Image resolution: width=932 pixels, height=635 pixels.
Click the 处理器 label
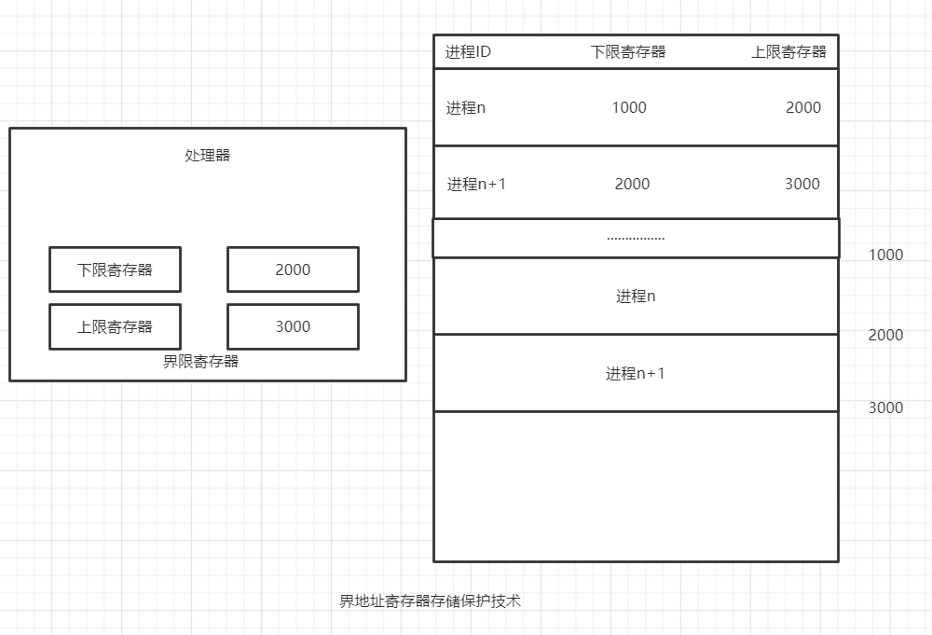[x=207, y=156]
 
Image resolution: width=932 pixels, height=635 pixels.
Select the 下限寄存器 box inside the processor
[x=115, y=269]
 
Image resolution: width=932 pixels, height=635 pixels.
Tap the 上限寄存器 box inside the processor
[x=115, y=326]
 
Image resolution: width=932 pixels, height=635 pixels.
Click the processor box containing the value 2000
[x=293, y=269]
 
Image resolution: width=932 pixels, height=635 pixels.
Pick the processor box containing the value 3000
[x=293, y=326]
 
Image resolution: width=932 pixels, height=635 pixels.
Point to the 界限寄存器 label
[x=200, y=362]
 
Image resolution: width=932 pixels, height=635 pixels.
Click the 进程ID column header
[x=468, y=52]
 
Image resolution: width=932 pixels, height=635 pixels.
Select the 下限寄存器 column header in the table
[x=628, y=52]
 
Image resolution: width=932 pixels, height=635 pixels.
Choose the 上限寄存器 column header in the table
[x=788, y=52]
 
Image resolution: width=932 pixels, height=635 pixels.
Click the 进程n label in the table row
[x=465, y=108]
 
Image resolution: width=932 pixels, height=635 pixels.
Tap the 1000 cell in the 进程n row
[x=629, y=108]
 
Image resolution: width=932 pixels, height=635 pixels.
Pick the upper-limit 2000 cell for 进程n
[x=802, y=108]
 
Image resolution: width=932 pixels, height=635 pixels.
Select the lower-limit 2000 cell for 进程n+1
[x=632, y=185]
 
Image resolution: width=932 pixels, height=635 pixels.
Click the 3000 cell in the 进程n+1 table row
[x=802, y=185]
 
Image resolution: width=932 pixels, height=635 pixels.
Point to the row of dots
[x=636, y=238]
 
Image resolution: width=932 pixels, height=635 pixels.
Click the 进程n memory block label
[x=636, y=297]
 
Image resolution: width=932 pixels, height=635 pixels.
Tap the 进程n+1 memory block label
[x=636, y=374]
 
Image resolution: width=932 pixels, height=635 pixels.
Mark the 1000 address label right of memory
[x=885, y=255]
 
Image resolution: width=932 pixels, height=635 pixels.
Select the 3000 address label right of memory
[x=885, y=407]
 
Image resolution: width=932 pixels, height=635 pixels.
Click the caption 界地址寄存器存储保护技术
[x=430, y=601]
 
